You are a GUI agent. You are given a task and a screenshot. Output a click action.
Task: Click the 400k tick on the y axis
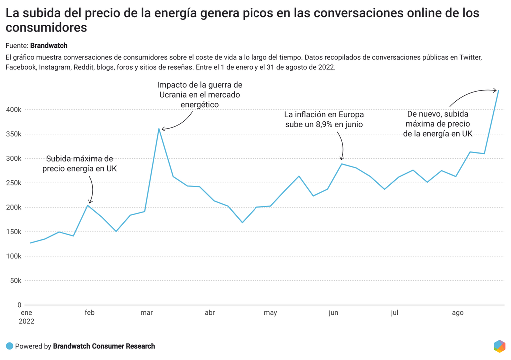click(13, 110)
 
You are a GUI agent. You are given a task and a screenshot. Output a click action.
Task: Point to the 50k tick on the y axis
click(15, 281)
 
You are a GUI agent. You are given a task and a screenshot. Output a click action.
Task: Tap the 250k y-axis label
click(13, 183)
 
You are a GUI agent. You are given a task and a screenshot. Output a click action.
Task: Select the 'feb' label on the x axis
click(89, 313)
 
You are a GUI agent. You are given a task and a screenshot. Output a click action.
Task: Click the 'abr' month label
click(210, 313)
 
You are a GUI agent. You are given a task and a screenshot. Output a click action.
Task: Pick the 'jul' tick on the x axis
click(394, 313)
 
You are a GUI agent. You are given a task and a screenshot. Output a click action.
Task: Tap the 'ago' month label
click(457, 313)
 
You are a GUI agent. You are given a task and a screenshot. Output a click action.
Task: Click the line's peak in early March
click(159, 129)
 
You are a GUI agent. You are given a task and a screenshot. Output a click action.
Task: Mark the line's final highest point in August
click(498, 90)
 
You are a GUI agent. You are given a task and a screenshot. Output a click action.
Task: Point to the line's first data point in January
click(31, 243)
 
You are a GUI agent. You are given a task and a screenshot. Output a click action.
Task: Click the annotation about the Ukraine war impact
click(199, 95)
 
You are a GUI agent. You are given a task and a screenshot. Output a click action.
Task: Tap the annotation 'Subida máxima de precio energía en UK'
click(80, 164)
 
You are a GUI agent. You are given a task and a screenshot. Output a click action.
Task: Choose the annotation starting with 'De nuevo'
click(438, 124)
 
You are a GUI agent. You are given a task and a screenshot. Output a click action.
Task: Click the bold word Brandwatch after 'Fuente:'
click(49, 45)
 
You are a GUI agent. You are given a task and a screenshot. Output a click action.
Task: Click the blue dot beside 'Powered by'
click(9, 346)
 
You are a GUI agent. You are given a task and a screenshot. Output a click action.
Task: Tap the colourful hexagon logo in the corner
click(499, 346)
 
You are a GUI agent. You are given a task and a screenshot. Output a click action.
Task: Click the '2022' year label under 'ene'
click(27, 322)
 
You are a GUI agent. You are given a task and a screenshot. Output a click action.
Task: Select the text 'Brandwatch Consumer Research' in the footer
click(104, 346)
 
